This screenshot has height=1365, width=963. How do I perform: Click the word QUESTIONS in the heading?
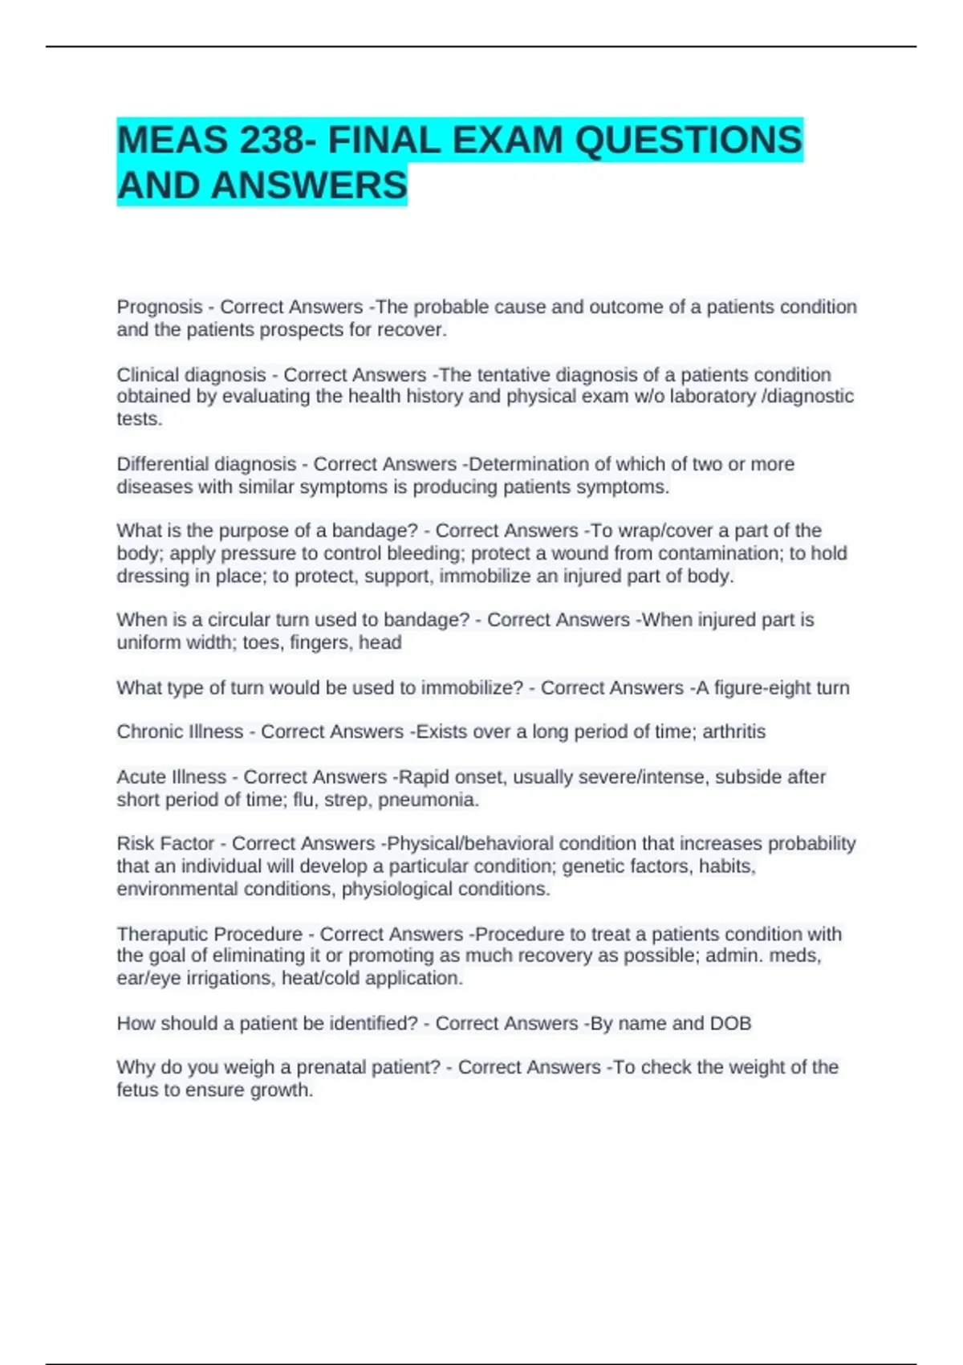[689, 141]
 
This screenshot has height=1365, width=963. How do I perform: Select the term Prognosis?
[160, 307]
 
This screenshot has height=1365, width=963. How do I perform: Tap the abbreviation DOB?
[730, 1024]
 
